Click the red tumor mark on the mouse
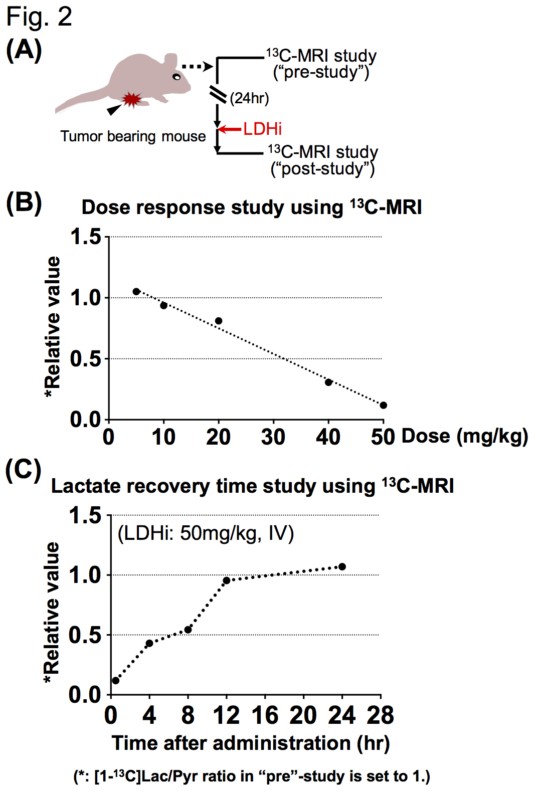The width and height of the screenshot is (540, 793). point(132,99)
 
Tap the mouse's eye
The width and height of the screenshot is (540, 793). point(176,77)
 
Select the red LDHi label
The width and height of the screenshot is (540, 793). point(263,129)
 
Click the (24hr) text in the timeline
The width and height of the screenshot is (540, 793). point(250,98)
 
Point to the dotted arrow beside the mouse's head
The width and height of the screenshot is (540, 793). point(197,66)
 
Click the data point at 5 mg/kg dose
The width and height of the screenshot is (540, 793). point(136,291)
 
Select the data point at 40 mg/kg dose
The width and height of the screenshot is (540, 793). point(328,382)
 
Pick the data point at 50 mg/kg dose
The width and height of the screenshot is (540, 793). point(384,405)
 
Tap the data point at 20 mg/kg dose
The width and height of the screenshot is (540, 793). point(219,321)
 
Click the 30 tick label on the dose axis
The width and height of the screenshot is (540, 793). point(273,437)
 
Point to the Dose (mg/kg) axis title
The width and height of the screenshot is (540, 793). point(465,436)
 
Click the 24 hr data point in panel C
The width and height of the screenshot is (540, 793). point(342,566)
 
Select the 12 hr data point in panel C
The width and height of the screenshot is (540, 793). point(227,580)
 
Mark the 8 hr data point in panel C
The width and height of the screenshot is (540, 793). point(188,630)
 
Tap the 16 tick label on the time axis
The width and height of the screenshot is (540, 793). point(265,715)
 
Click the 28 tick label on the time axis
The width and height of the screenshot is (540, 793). point(380,715)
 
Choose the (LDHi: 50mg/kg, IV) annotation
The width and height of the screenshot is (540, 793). point(206,533)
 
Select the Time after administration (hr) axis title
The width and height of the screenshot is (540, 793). point(251,743)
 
